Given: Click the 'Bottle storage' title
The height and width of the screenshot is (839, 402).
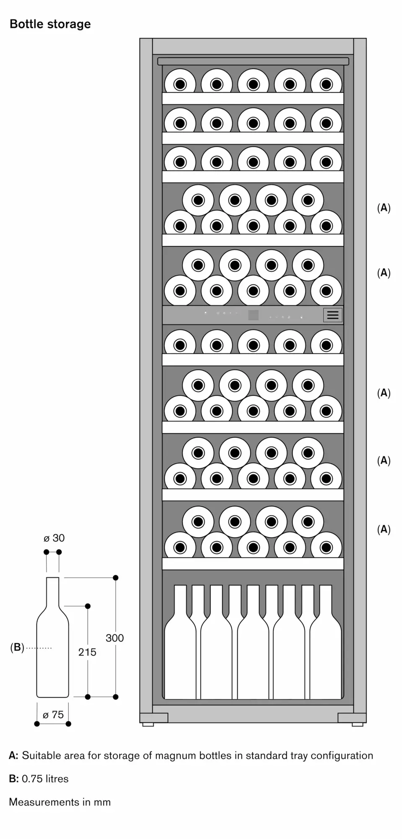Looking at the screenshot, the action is click(50, 24).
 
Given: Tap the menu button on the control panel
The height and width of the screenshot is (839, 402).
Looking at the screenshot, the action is click(333, 315).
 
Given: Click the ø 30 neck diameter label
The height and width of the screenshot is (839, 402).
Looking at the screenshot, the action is click(54, 538).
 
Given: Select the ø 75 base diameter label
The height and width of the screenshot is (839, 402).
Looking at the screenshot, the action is click(53, 714).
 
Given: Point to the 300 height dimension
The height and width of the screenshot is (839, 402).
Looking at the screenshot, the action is click(114, 638).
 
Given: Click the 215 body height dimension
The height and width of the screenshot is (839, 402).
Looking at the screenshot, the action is click(87, 652).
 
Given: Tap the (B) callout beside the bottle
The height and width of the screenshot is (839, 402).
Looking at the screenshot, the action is click(17, 647).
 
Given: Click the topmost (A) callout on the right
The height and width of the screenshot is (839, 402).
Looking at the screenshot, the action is click(384, 208).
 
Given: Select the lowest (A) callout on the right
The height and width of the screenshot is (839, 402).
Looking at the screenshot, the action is click(384, 529).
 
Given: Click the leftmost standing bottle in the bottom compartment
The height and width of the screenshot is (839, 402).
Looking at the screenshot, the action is click(180, 642).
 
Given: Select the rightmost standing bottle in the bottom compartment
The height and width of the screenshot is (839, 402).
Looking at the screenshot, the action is click(326, 642).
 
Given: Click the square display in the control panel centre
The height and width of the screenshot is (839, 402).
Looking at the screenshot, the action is click(253, 315).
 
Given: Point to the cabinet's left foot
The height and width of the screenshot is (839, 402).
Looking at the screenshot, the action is click(148, 724).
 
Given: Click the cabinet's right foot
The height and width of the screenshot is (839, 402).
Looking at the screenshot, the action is click(358, 724).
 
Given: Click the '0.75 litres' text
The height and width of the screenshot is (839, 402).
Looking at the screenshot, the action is click(45, 779).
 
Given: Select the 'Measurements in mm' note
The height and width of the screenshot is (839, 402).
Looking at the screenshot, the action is click(60, 802).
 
